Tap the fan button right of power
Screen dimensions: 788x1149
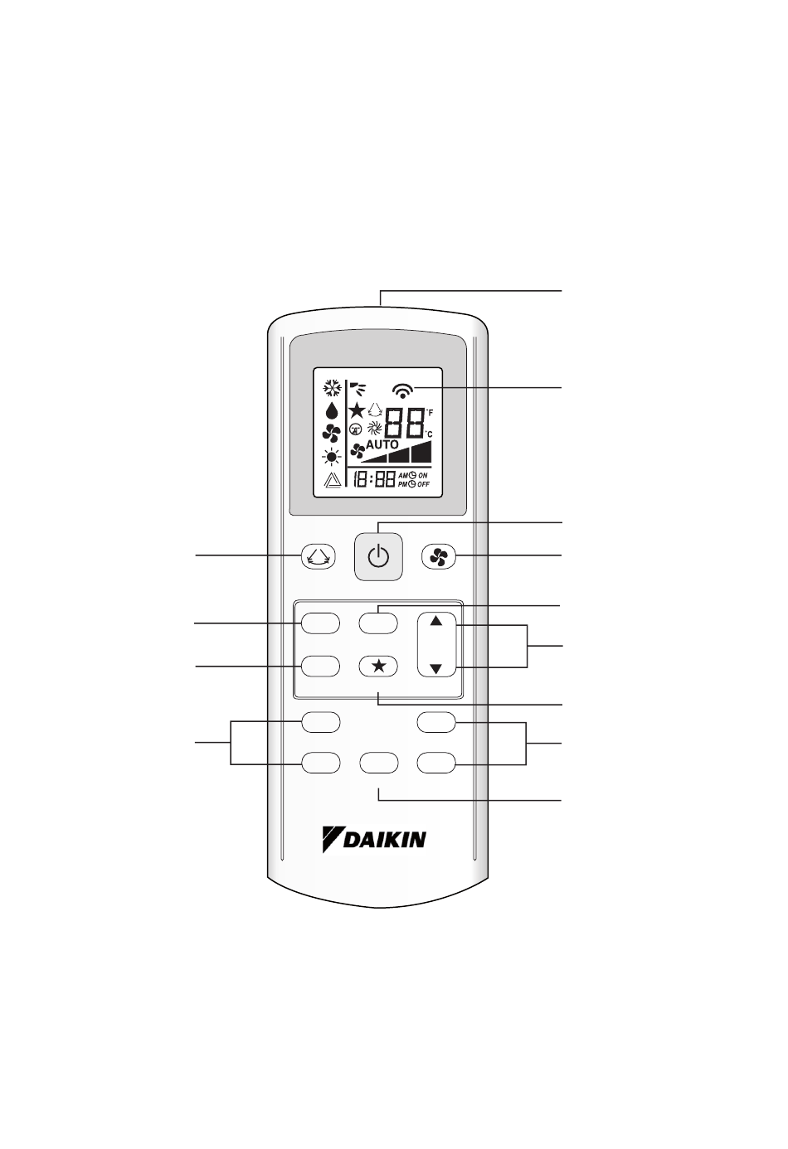point(439,558)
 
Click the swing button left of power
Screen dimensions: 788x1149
point(318,558)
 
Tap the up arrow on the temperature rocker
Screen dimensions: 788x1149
point(437,622)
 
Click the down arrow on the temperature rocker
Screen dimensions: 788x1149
point(437,668)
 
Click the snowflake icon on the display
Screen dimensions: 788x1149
point(332,388)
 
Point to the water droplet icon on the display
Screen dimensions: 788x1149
point(332,410)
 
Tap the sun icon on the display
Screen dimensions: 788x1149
point(332,456)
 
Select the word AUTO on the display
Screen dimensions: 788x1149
point(383,444)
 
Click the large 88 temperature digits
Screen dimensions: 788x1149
point(404,426)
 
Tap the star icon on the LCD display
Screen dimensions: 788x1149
point(357,410)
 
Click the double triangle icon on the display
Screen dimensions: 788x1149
point(332,482)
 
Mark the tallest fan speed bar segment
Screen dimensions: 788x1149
point(422,452)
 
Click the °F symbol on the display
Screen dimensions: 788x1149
point(429,413)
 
